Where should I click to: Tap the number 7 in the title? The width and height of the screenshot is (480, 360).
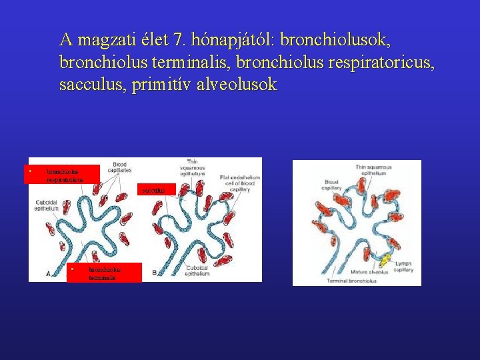pyautogui.click(x=178, y=40)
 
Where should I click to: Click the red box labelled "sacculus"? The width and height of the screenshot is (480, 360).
pyautogui.click(x=157, y=190)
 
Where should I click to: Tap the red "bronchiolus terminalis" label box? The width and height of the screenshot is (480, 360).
pyautogui.click(x=105, y=273)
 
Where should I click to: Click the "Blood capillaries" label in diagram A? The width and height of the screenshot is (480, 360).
pyautogui.click(x=119, y=167)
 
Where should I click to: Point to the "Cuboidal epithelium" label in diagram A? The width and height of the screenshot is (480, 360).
pyautogui.click(x=47, y=205)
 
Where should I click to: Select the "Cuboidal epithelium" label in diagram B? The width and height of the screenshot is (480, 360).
pyautogui.click(x=197, y=271)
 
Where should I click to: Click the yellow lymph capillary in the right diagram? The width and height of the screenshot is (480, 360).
pyautogui.click(x=385, y=257)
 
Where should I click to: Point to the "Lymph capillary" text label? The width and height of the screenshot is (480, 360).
pyautogui.click(x=403, y=267)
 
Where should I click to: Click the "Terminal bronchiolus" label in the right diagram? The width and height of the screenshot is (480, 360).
pyautogui.click(x=351, y=281)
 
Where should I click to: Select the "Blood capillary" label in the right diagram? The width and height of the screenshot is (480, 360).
pyautogui.click(x=333, y=185)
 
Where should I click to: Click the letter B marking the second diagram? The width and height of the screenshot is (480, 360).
pyautogui.click(x=155, y=273)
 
